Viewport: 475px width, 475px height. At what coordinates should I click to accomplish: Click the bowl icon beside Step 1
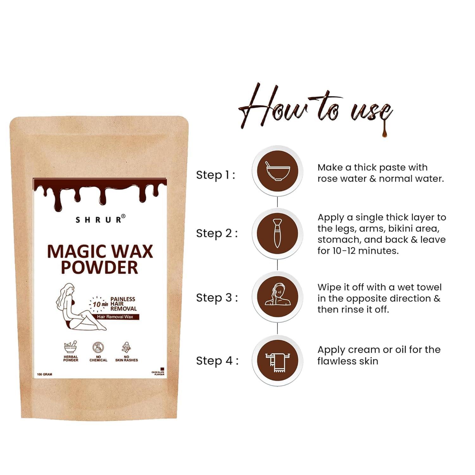[x=277, y=171]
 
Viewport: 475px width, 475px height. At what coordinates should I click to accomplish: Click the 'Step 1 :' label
[x=216, y=175]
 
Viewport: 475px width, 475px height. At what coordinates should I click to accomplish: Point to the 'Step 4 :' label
[x=217, y=360]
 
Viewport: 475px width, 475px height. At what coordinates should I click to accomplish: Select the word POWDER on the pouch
[x=99, y=267]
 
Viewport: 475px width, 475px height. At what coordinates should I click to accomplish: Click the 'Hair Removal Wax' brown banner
[x=115, y=317]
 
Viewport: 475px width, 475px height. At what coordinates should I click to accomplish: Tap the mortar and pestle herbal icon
[x=71, y=348]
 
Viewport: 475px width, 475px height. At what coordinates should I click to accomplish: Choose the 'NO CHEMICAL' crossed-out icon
[x=98, y=348]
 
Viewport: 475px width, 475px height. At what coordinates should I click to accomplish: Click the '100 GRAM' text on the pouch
[x=45, y=374]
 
